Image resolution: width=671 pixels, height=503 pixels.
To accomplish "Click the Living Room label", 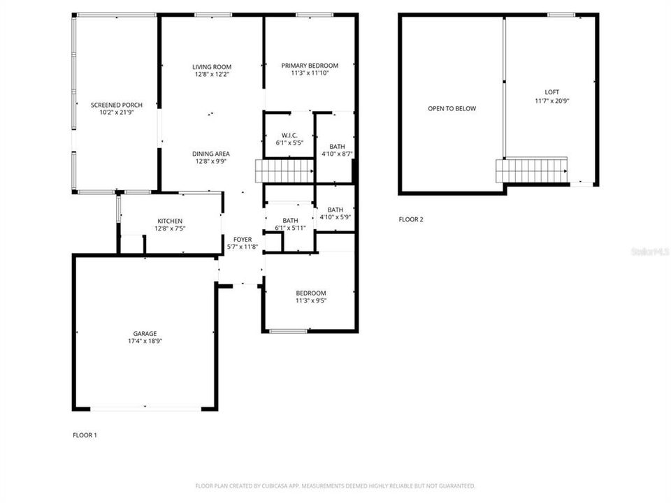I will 212,67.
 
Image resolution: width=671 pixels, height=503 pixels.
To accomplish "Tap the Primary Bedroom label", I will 310,66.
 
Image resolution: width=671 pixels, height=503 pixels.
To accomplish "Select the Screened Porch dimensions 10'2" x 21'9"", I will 112,112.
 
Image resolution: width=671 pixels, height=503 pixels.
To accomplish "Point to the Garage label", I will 145,333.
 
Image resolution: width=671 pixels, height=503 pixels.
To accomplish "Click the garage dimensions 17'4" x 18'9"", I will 145,341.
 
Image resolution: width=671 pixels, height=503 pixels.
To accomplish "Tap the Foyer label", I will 243,240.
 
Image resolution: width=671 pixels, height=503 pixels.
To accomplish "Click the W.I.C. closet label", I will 289,136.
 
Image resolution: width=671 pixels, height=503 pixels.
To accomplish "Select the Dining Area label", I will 212,154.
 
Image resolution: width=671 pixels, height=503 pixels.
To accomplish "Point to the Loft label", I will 552,92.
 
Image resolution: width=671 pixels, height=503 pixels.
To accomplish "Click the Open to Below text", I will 452,108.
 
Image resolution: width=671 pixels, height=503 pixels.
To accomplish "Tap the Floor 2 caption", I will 411,219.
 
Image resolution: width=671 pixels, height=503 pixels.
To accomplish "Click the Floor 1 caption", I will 85,435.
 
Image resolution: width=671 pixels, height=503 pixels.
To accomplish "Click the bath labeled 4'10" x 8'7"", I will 336,150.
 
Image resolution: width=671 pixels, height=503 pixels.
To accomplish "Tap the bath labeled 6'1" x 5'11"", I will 290,224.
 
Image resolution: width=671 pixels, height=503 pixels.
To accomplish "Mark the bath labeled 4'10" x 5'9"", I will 335,213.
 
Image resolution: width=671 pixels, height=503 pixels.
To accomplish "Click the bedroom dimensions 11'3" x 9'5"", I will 310,300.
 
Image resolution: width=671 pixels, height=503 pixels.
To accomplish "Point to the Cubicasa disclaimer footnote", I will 335,486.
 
